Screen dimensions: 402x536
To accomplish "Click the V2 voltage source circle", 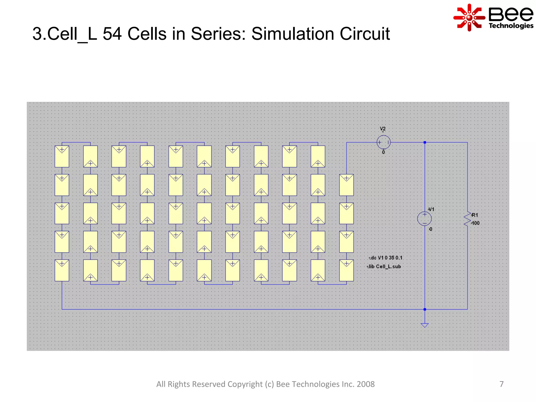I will [383, 142].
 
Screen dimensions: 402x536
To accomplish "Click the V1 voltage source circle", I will [424, 219].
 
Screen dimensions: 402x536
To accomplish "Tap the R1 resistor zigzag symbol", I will [467, 219].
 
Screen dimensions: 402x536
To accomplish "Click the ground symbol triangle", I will [425, 325].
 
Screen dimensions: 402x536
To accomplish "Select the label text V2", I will [383, 129].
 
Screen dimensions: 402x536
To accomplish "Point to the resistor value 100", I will [475, 223].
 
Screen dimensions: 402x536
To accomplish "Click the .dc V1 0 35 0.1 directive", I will [386, 258].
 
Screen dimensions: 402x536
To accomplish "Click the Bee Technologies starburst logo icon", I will [469, 18].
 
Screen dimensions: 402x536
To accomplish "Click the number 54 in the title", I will [112, 34].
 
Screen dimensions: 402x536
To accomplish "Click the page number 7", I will [501, 384].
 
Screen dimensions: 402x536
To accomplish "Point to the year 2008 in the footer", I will [366, 384].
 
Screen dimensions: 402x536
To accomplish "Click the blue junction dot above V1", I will [425, 142].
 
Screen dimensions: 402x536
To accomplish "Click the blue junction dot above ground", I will [425, 309].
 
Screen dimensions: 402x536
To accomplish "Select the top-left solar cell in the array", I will [62, 156].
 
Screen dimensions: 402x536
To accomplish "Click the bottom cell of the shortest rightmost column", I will [346, 270].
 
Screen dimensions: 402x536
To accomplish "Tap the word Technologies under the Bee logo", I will [511, 26].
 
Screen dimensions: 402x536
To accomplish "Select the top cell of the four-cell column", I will [346, 185].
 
